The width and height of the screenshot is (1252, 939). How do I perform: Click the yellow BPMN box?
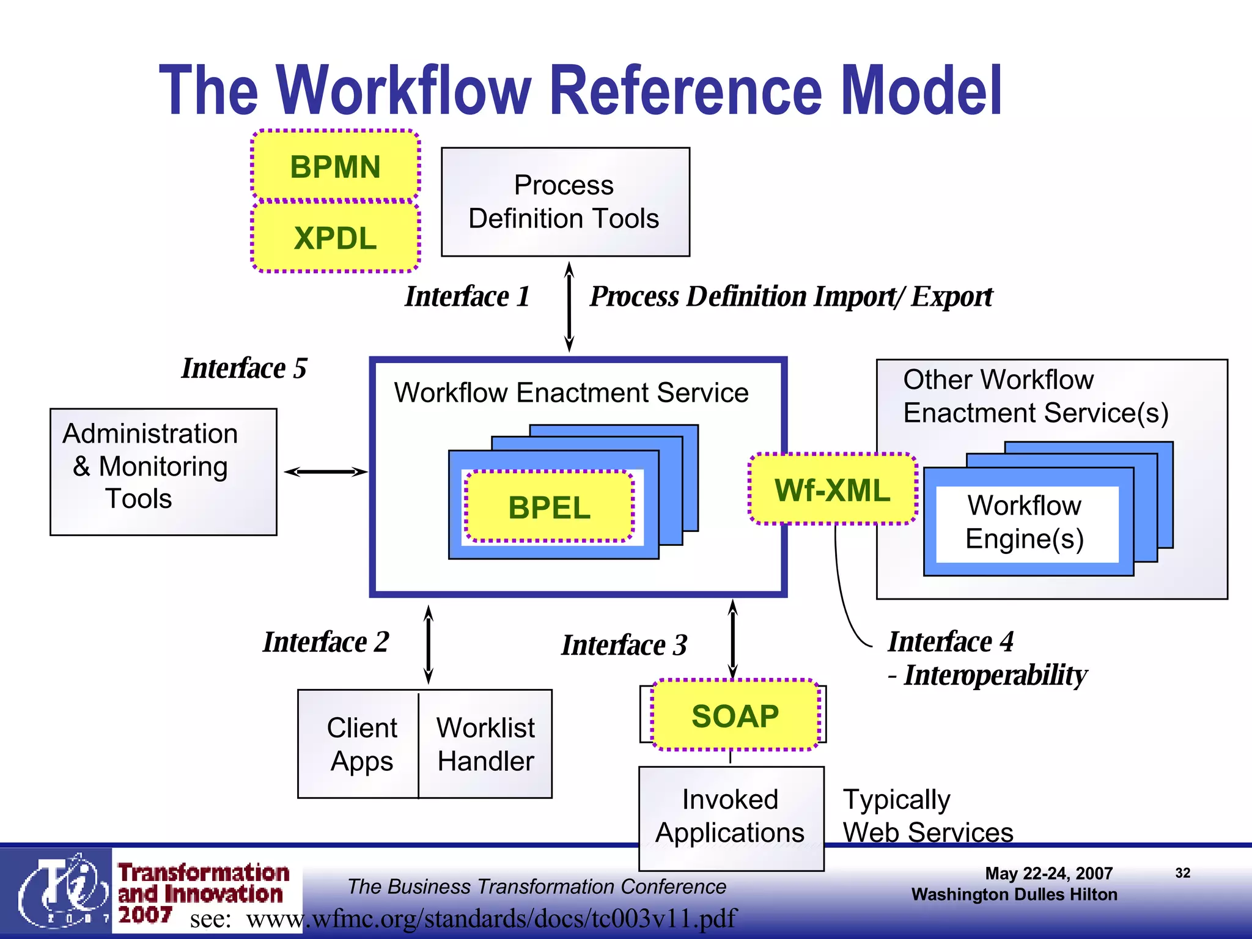(x=336, y=166)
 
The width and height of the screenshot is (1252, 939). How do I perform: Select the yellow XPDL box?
(x=336, y=237)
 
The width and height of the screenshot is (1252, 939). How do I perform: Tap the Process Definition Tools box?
(x=565, y=202)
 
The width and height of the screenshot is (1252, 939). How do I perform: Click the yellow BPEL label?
(x=549, y=507)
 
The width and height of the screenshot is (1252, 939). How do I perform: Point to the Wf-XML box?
(x=833, y=489)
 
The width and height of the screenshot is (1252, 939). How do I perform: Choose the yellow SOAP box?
(x=735, y=715)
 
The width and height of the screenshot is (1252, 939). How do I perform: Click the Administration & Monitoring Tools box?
(x=163, y=471)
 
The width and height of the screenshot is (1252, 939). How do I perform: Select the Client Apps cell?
(x=361, y=744)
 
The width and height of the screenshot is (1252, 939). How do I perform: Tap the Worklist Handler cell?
(x=485, y=744)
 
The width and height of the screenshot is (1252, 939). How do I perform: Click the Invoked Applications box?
(x=731, y=816)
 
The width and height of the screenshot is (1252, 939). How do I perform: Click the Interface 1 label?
(x=467, y=296)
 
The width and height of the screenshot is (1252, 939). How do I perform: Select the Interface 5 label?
(x=245, y=368)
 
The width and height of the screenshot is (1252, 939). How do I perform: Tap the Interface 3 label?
(x=624, y=645)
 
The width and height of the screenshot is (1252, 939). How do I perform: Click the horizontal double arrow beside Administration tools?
(x=325, y=471)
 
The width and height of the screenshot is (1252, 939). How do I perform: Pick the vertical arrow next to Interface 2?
(x=429, y=644)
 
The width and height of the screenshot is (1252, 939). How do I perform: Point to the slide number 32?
(x=1182, y=873)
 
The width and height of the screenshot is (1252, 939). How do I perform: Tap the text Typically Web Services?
(x=927, y=816)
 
